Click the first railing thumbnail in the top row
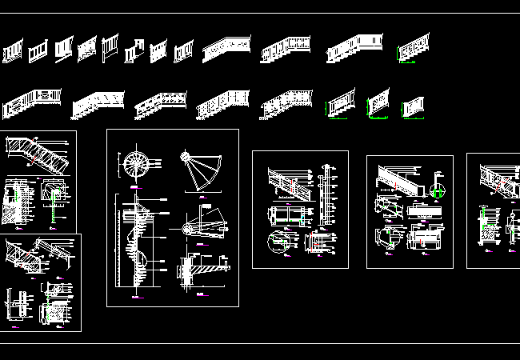(13, 53)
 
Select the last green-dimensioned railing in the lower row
(413, 108)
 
